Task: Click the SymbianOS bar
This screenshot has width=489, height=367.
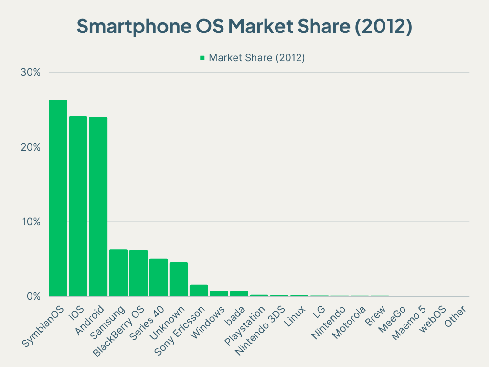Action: (58, 198)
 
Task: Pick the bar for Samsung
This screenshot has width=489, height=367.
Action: (118, 273)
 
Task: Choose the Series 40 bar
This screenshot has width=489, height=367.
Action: (159, 277)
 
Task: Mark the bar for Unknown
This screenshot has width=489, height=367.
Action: (179, 279)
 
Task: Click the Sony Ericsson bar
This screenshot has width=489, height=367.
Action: (199, 291)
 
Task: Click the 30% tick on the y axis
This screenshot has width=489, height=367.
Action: (30, 72)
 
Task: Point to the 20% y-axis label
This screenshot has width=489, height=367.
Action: (30, 147)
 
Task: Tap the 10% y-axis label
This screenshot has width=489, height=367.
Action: (30, 222)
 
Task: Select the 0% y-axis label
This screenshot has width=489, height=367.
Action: (32, 296)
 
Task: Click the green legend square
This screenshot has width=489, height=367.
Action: (202, 58)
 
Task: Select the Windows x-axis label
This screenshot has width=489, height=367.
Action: (209, 323)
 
